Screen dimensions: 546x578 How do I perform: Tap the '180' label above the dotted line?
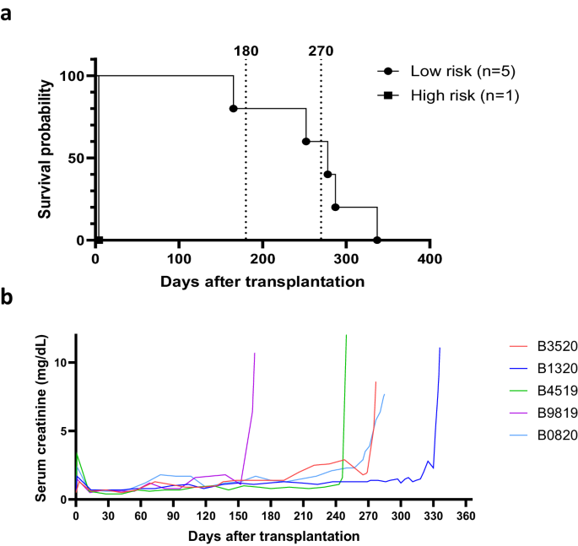[x=246, y=51]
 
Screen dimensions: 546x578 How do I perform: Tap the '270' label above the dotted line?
[x=321, y=51]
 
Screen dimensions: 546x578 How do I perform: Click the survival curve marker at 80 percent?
[x=233, y=109]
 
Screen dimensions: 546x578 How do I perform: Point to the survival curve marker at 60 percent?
[x=306, y=142]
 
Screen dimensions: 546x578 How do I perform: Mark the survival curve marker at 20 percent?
[x=335, y=208]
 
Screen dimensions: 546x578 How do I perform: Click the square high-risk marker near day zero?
[x=100, y=241]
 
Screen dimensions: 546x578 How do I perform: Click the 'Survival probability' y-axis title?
[x=44, y=157]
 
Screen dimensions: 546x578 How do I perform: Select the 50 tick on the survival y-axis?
[x=77, y=158]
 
